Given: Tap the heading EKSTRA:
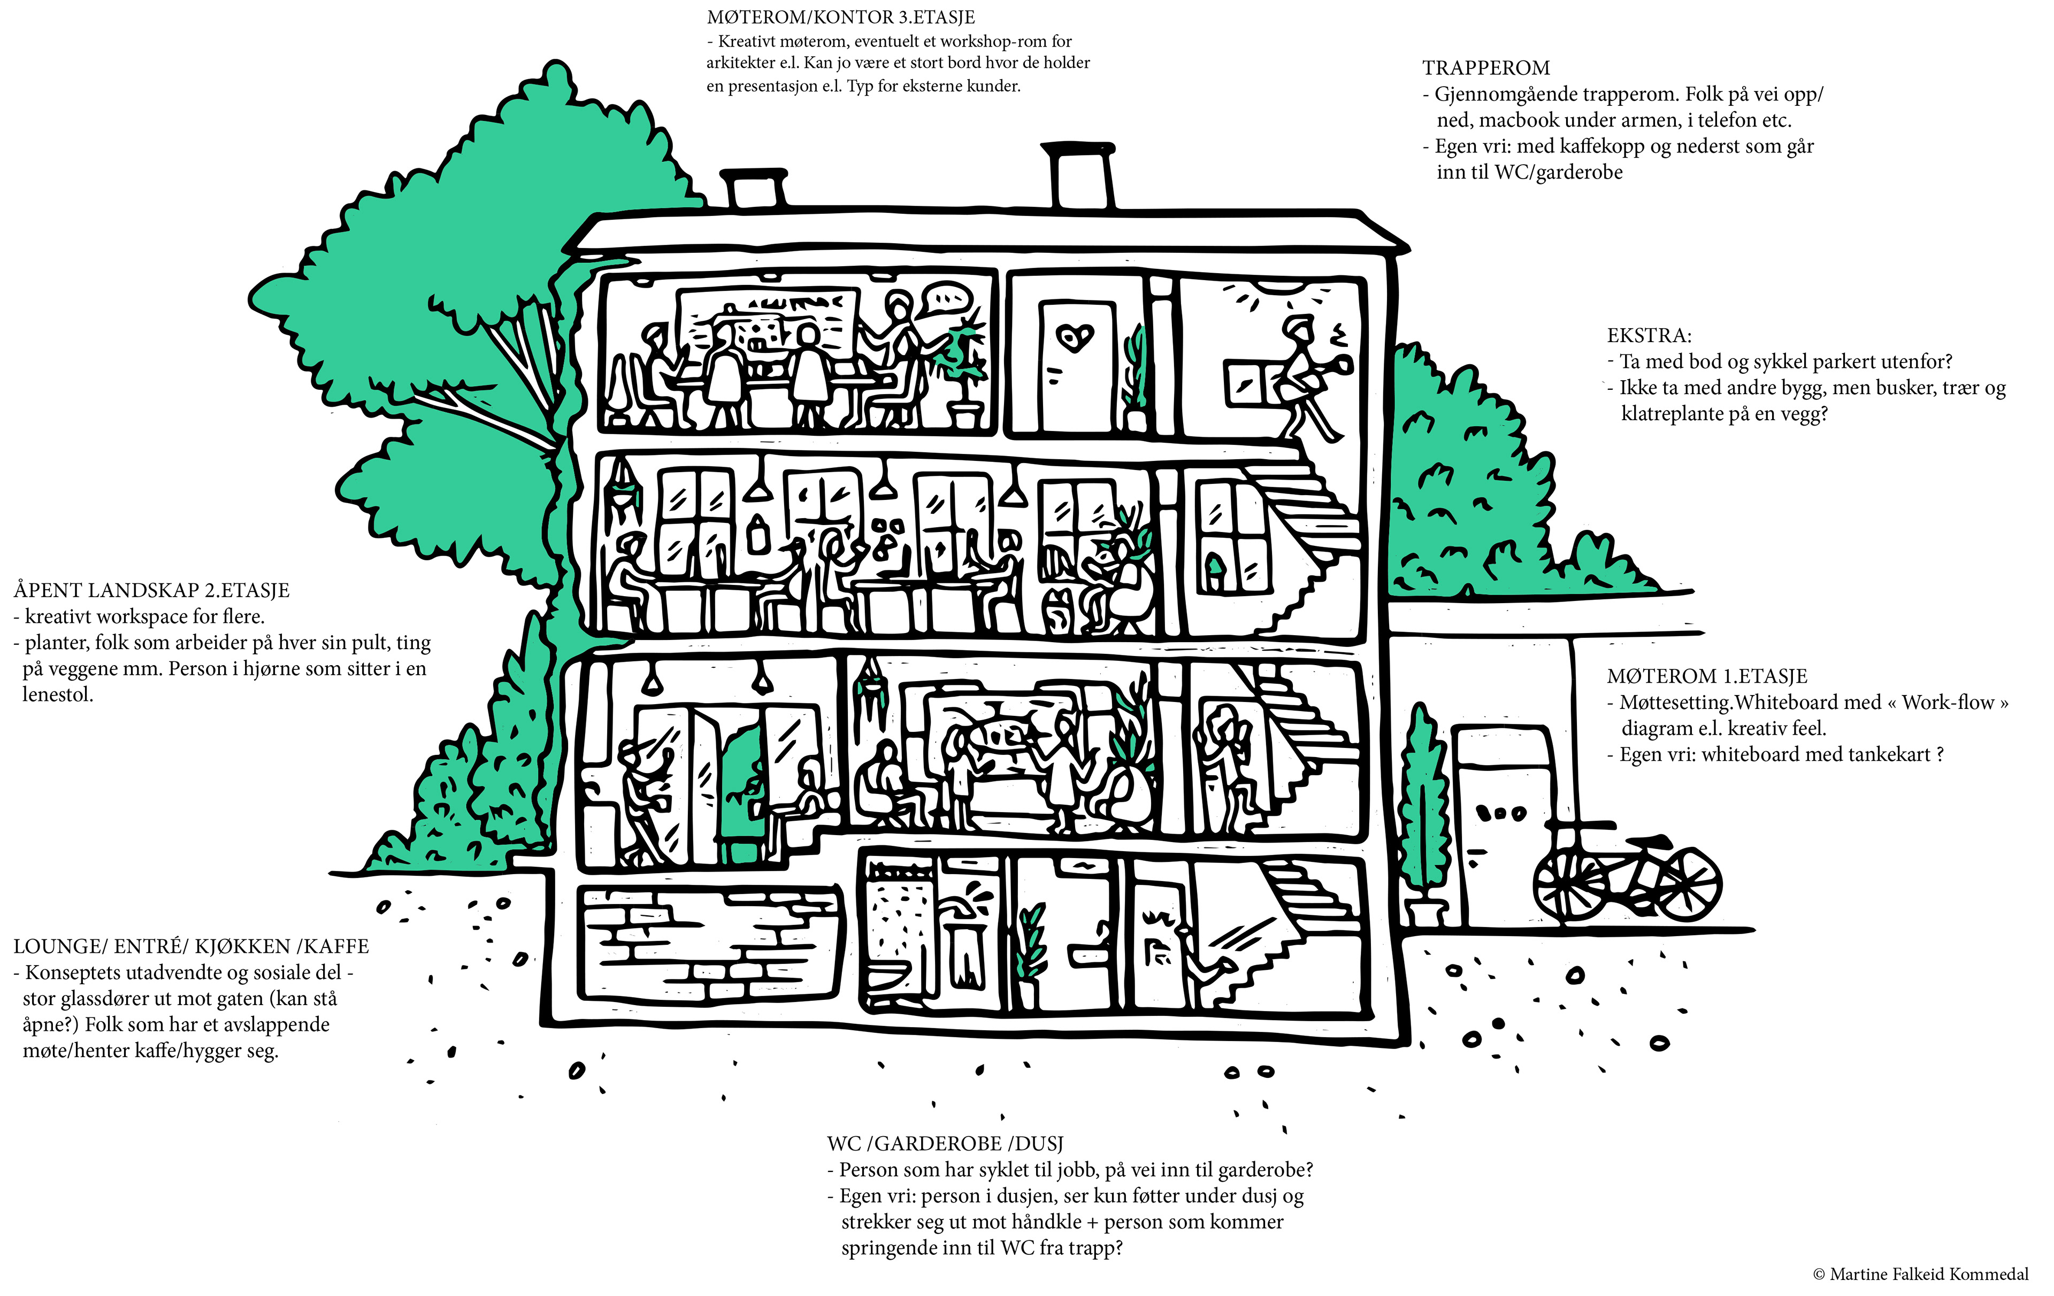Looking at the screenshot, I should [1648, 336].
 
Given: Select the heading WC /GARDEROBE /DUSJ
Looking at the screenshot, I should [944, 1144].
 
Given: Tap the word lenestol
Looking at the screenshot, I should [57, 695].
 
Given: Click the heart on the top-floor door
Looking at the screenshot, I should [1074, 338].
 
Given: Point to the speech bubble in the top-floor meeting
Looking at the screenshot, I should [948, 298].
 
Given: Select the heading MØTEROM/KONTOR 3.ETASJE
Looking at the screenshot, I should [840, 17].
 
